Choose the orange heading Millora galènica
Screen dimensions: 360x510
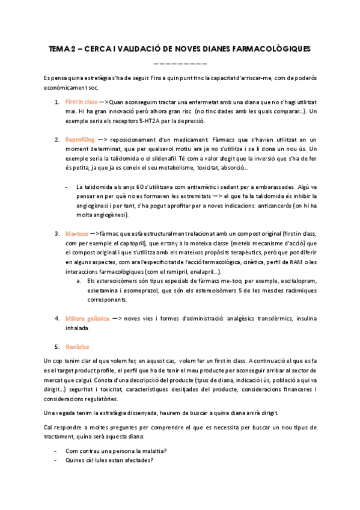(x=87, y=318)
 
